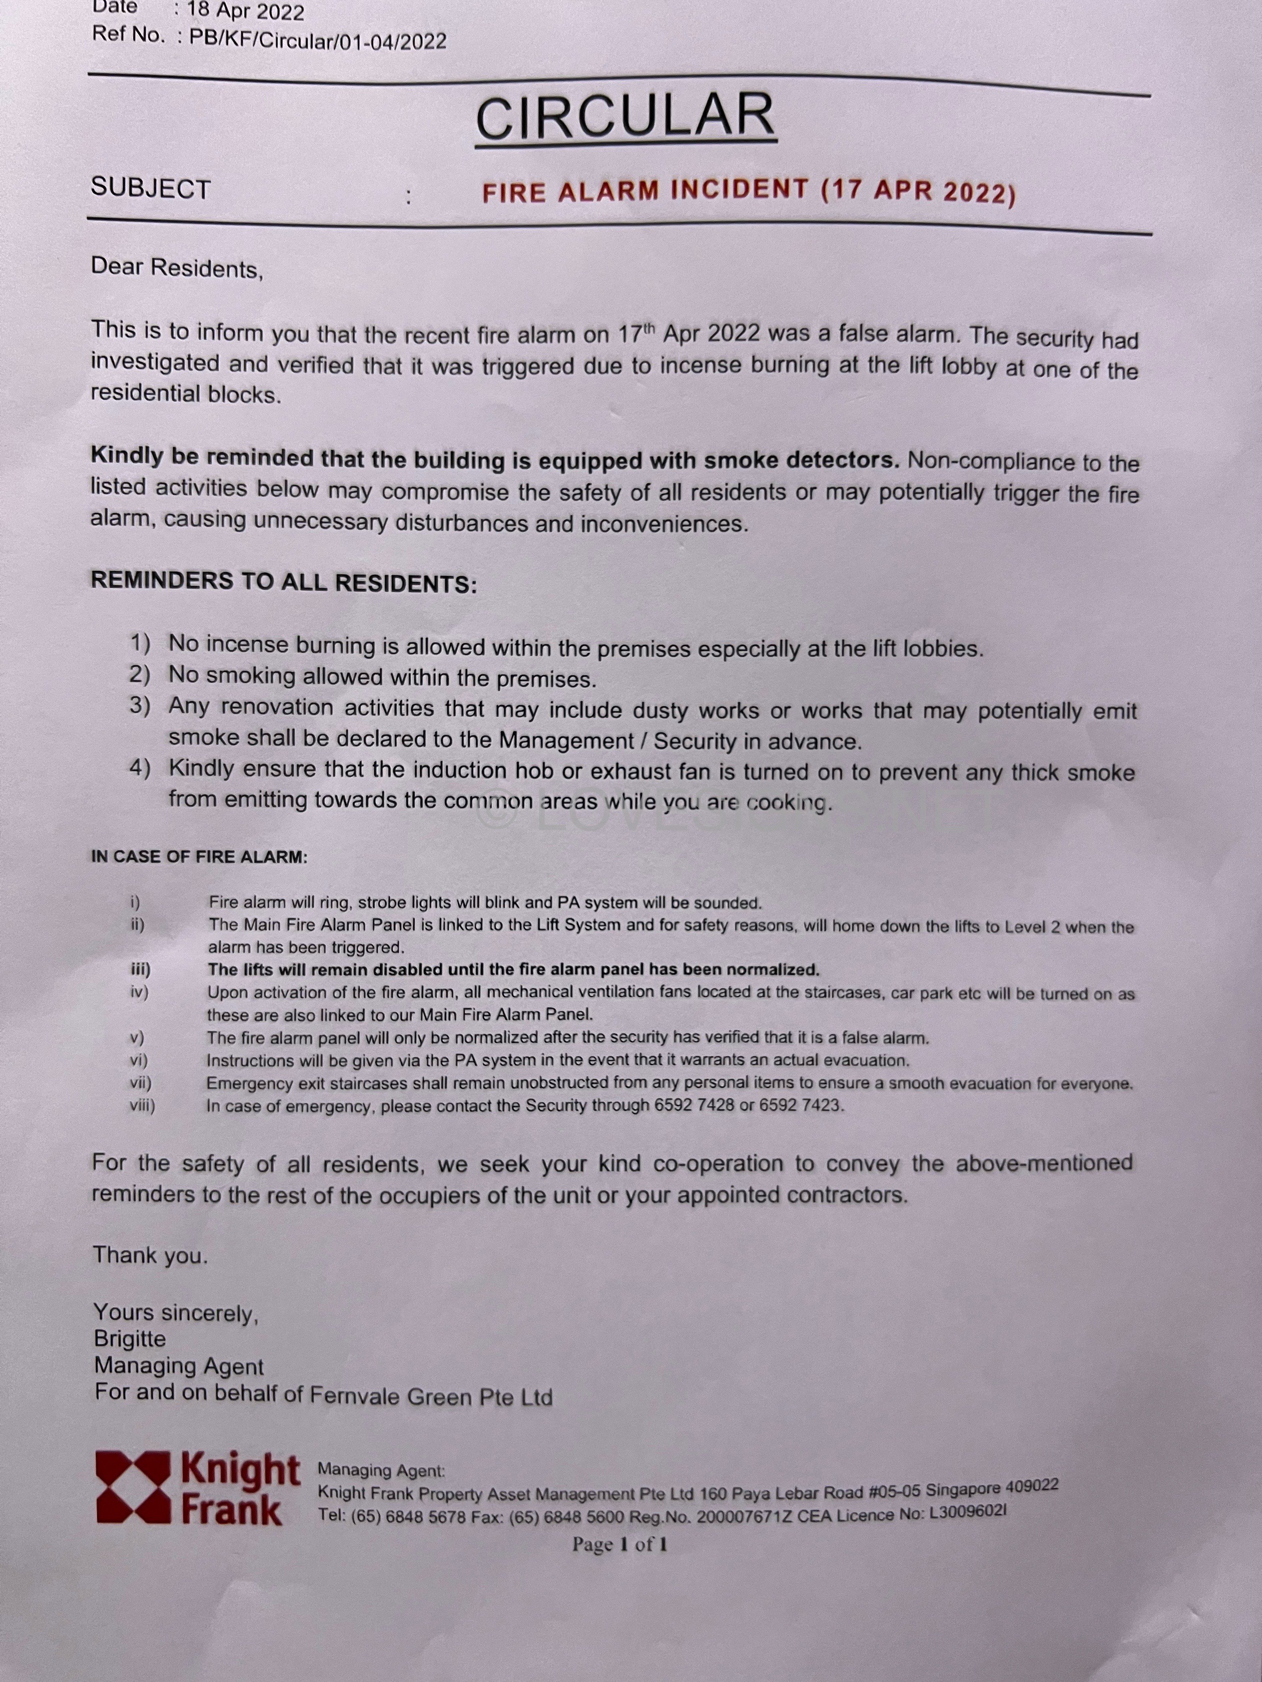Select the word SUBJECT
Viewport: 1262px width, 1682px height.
151,188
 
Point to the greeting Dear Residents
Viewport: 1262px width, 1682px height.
177,268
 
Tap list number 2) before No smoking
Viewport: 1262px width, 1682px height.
139,675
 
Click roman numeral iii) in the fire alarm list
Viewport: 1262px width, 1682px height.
139,969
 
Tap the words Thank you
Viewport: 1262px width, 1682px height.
150,1255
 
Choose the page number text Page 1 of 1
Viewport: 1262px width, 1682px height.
619,1544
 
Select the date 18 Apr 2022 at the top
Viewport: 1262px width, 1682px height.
245,11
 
